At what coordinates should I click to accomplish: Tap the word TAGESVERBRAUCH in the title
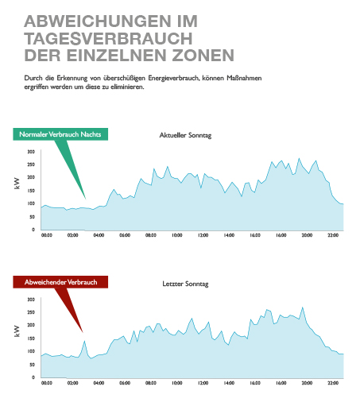(x=108, y=39)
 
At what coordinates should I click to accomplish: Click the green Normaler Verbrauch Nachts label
(x=60, y=134)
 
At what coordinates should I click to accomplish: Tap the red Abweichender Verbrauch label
(x=60, y=282)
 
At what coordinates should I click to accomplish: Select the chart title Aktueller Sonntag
(x=185, y=135)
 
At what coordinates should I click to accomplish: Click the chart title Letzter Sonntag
(x=185, y=284)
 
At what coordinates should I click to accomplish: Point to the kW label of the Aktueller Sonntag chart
(x=17, y=184)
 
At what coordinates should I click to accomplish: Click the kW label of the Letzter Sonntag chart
(x=17, y=331)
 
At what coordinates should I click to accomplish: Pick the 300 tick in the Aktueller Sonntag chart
(x=31, y=152)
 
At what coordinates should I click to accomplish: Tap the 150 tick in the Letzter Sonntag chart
(x=31, y=338)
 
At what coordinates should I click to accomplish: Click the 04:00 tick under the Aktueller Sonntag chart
(x=99, y=235)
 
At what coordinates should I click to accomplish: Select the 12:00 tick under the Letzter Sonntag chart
(x=203, y=383)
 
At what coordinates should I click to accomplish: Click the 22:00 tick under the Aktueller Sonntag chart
(x=333, y=235)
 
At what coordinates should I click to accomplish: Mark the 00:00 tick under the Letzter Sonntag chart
(x=47, y=383)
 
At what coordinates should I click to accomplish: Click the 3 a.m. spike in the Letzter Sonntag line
(x=84, y=341)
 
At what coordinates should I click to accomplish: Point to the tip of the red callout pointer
(x=83, y=332)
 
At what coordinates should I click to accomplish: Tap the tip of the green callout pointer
(x=85, y=199)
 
